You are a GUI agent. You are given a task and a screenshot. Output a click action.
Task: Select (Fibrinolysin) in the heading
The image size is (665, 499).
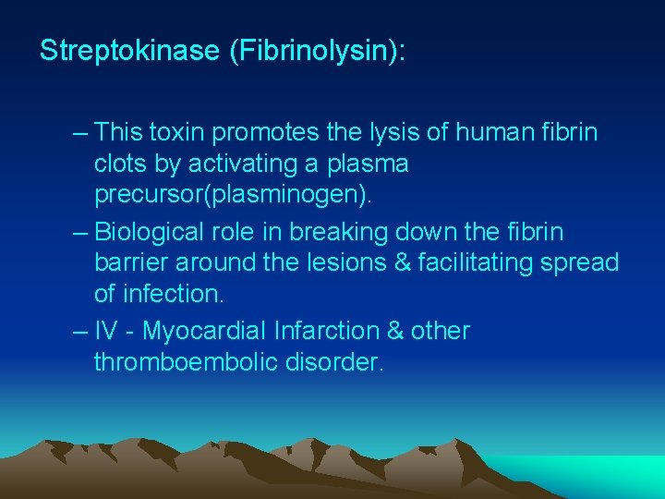(314, 51)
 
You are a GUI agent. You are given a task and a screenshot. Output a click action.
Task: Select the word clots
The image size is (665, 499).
(123, 164)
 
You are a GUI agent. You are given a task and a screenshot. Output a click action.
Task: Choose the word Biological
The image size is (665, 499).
(154, 230)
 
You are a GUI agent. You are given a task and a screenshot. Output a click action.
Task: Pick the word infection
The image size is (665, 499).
(171, 295)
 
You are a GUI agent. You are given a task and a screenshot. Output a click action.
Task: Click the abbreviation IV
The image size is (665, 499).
(107, 330)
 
